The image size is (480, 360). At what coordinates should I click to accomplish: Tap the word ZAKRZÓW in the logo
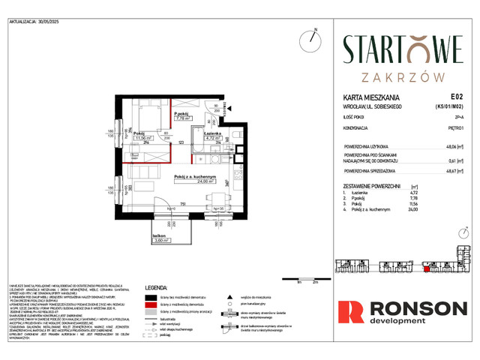(x=403, y=77)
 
